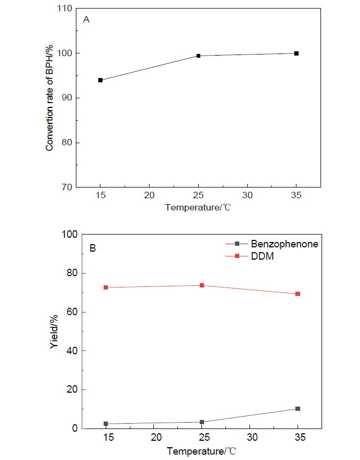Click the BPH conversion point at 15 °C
click(100, 80)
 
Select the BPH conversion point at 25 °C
click(198, 56)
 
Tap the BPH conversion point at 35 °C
click(296, 53)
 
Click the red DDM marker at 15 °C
click(106, 287)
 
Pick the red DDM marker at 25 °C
click(202, 285)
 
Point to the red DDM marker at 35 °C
click(298, 294)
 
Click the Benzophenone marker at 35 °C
click(298, 409)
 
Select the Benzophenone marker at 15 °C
click(106, 424)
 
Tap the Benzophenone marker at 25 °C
click(202, 422)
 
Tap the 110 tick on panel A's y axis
click(66, 9)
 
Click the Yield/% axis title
click(54, 331)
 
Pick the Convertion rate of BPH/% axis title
click(50, 98)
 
